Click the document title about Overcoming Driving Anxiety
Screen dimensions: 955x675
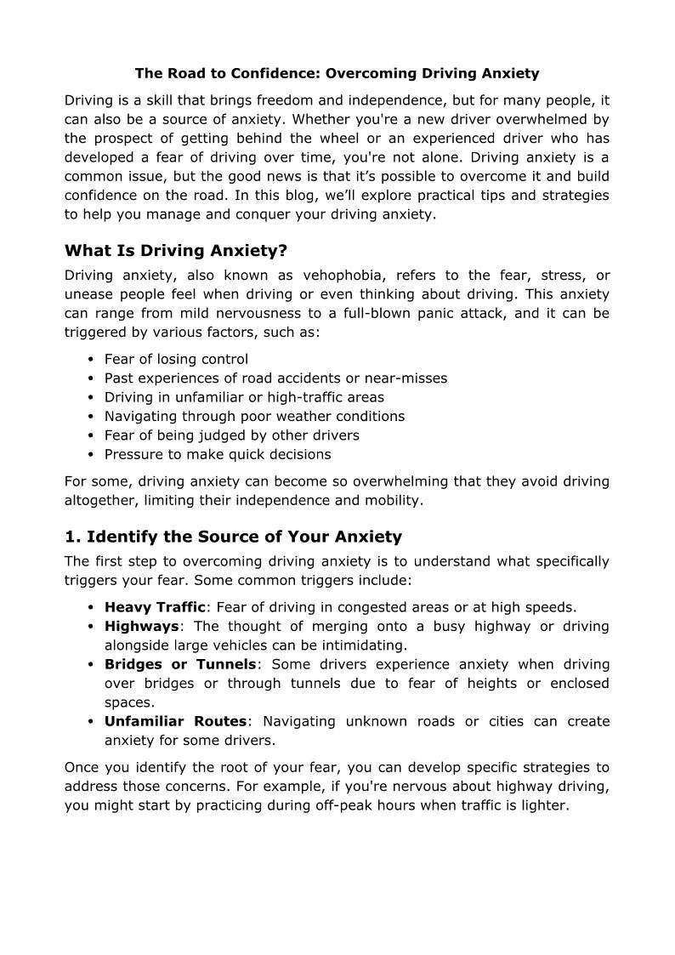coord(337,74)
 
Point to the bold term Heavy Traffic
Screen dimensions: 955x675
coord(155,607)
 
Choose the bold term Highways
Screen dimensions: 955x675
coord(141,626)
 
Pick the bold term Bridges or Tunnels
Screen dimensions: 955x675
coord(180,664)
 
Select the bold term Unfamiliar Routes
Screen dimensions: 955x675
coord(175,721)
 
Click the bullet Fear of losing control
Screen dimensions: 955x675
coord(176,359)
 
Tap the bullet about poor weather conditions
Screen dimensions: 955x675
coord(254,416)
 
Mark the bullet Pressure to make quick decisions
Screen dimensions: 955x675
coord(218,454)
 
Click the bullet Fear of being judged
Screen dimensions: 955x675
coord(231,435)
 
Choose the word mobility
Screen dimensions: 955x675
coord(393,501)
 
